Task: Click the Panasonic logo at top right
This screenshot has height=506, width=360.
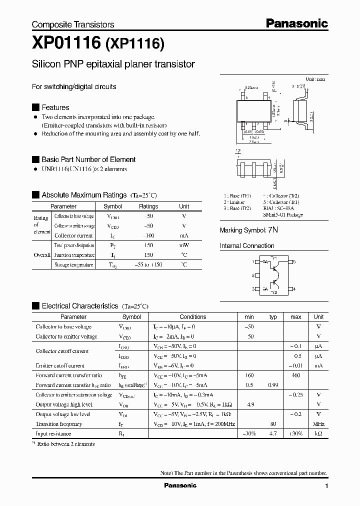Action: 296,23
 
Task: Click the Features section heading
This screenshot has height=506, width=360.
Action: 55,107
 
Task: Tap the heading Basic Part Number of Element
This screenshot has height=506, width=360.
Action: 88,159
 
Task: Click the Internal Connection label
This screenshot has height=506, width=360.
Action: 247,246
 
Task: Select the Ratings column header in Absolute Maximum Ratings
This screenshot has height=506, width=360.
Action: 148,206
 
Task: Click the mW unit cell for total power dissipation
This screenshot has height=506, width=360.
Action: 184,245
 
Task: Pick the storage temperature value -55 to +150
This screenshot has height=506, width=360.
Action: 148,265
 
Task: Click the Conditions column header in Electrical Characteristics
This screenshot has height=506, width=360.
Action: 192,317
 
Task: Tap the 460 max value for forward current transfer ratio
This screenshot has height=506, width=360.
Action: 295,375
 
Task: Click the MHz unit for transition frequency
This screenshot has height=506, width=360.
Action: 318,424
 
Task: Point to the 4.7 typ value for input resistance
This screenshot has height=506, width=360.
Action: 273,434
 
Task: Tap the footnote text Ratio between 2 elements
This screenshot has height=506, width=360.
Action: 65,443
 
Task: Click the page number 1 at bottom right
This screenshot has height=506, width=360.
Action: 326,486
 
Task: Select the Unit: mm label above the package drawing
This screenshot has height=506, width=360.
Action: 315,79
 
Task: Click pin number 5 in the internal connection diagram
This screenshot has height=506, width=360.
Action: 294,262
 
